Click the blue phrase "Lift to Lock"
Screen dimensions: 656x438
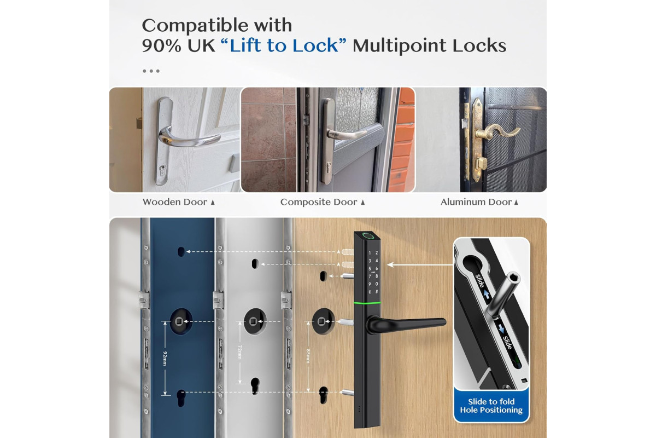[x=283, y=45]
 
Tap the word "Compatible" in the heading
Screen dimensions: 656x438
[x=194, y=26]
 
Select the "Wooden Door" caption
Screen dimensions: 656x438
[x=175, y=202]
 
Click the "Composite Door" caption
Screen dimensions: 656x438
[x=319, y=202]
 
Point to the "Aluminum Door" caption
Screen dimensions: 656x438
[x=476, y=202]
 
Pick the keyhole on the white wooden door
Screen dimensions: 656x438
[x=162, y=170]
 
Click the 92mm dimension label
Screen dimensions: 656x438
[x=165, y=358]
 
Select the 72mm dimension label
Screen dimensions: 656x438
[x=240, y=352]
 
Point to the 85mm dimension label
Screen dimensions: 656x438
[x=308, y=356]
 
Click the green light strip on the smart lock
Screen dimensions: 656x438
[x=367, y=303]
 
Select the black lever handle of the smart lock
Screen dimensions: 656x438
[x=407, y=324]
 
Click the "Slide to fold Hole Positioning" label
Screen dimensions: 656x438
[x=491, y=406]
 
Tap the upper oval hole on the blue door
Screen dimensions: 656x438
[x=181, y=252]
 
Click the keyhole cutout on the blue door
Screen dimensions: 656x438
[x=181, y=398]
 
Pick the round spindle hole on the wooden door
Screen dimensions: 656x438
[x=323, y=321]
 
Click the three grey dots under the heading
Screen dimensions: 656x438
[x=151, y=71]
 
